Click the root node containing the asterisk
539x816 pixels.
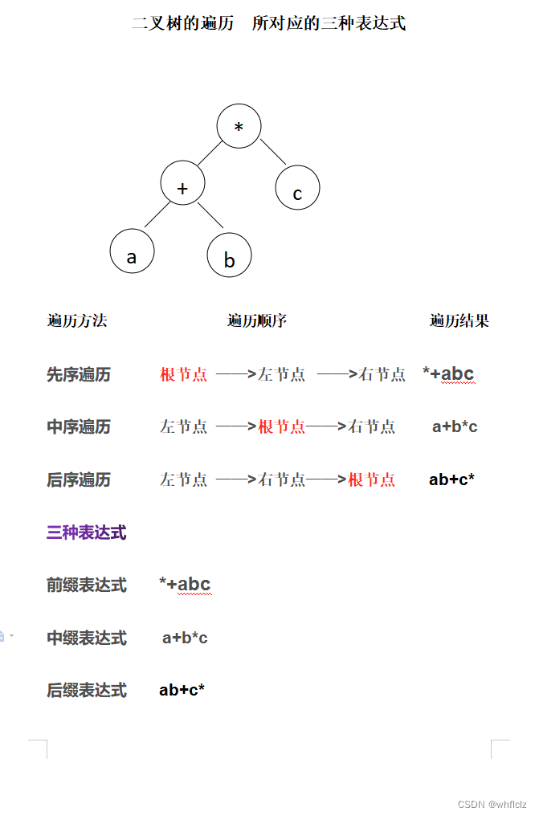pos(239,127)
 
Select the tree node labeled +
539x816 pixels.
pos(183,183)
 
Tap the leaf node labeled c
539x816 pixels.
pos(297,190)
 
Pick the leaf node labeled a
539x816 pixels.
pos(133,251)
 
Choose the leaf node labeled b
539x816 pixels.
pos(230,257)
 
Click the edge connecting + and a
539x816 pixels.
pos(157,214)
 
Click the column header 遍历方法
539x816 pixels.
pos(77,321)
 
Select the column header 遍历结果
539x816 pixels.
pos(459,321)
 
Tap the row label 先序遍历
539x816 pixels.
pos(79,374)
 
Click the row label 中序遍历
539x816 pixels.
pos(79,427)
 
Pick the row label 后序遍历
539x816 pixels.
pos(79,480)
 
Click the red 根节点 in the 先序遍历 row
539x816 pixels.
pos(184,374)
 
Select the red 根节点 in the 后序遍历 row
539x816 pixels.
pos(372,480)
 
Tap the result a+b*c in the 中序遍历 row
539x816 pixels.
pos(455,427)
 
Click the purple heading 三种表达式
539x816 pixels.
pos(87,532)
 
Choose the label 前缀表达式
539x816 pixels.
pos(87,585)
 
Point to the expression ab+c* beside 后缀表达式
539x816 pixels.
pos(182,690)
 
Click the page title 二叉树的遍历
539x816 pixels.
pos(183,23)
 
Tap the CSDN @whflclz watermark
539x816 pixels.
pos(492,804)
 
